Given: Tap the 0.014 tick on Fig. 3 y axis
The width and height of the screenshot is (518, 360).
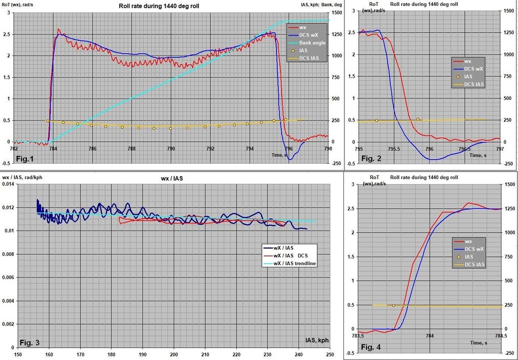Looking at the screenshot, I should (9, 184).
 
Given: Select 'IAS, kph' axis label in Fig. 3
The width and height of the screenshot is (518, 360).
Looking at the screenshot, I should (312, 340).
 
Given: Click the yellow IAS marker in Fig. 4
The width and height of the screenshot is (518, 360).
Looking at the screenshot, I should (394, 305).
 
